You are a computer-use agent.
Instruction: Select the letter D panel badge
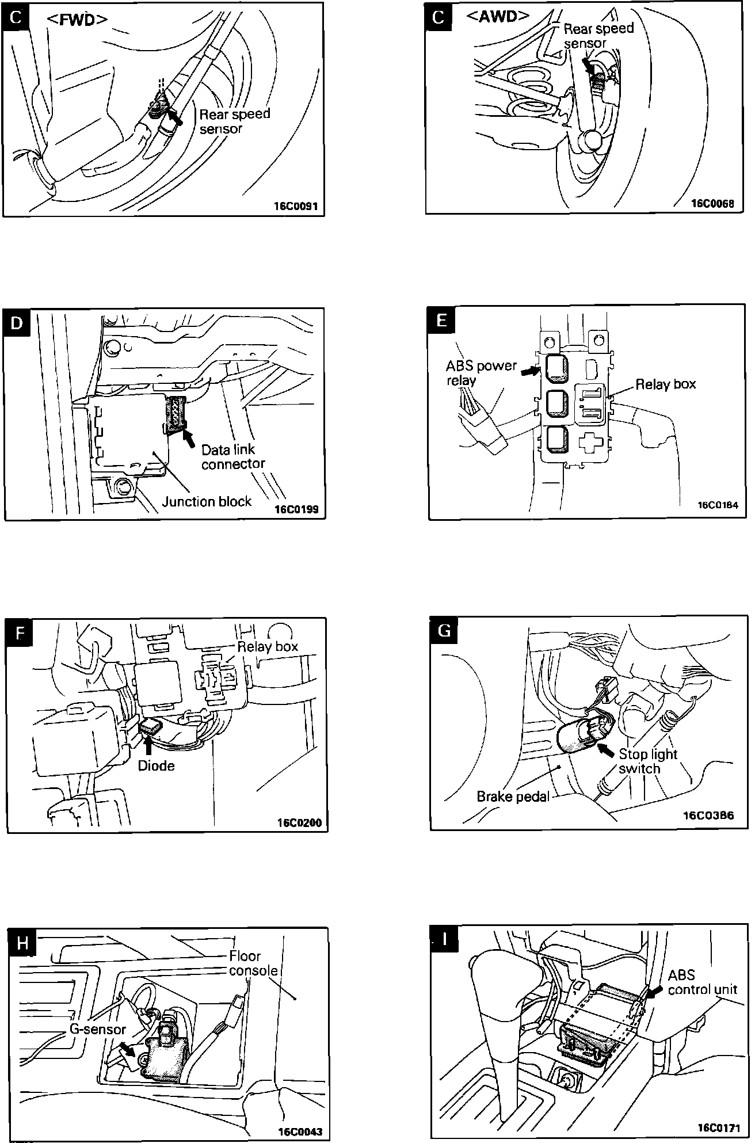click(17, 323)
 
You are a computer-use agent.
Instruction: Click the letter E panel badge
click(441, 320)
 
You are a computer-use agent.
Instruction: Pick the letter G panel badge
click(444, 631)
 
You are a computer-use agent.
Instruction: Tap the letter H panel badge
click(22, 943)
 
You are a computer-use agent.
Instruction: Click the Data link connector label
click(232, 456)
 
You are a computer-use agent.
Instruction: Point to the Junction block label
click(207, 501)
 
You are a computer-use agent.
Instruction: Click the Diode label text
click(156, 766)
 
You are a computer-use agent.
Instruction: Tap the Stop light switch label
click(647, 761)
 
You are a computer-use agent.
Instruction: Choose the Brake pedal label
click(513, 797)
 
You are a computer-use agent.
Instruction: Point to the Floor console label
click(253, 963)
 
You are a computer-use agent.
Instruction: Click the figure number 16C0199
click(296, 509)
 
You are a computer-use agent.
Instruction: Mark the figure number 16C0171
click(719, 1126)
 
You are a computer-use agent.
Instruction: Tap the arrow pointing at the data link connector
click(188, 439)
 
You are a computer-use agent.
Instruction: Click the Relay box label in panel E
click(665, 384)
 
